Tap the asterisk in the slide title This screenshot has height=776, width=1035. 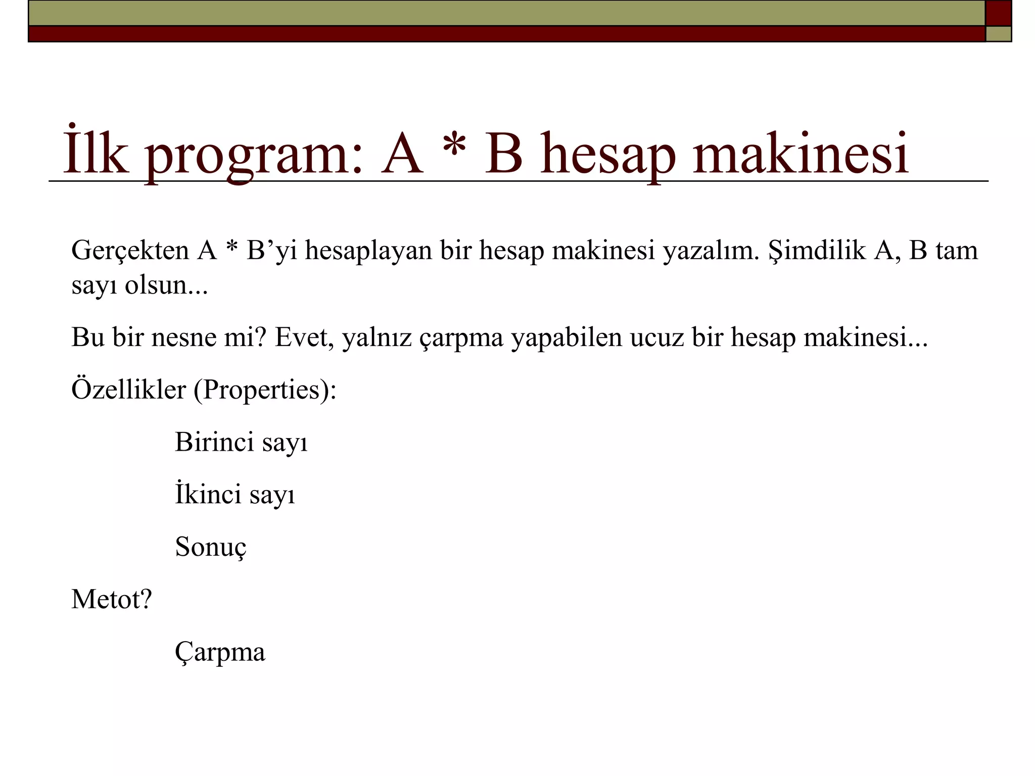click(x=453, y=147)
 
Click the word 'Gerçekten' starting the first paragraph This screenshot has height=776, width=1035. click(x=130, y=251)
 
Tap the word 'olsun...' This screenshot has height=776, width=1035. click(x=166, y=285)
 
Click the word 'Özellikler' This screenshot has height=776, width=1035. click(x=129, y=390)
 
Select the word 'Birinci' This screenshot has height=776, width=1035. click(x=214, y=443)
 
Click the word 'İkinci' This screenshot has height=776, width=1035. click(x=208, y=494)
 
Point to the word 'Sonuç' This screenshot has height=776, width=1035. click(x=211, y=547)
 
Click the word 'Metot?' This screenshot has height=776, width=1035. click(x=112, y=600)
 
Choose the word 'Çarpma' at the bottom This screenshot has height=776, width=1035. click(x=220, y=652)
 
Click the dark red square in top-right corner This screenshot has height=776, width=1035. click(x=998, y=13)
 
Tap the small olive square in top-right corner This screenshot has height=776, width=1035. click(x=998, y=34)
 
